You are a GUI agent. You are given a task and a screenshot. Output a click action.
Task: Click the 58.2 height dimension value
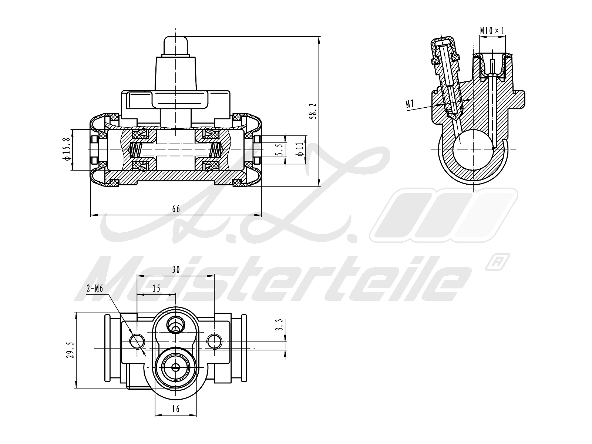[x=314, y=111]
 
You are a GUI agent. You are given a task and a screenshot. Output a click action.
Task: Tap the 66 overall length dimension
[x=176, y=209]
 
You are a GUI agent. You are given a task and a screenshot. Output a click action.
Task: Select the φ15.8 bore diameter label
[x=67, y=149]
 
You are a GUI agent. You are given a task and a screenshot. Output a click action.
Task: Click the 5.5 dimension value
[x=280, y=149]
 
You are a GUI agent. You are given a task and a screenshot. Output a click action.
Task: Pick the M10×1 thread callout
[x=492, y=31]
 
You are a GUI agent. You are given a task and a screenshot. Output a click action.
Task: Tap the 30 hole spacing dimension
[x=176, y=270]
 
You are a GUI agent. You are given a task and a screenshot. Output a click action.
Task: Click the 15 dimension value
[x=156, y=289]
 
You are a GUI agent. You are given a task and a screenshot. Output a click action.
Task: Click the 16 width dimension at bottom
[x=176, y=409]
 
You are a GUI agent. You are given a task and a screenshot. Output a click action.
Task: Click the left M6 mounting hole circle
[x=137, y=340]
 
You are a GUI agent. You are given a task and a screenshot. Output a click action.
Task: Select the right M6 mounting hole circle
[x=214, y=340]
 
